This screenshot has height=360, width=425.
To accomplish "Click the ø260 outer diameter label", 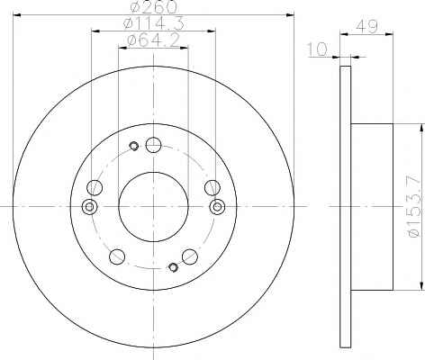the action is [153, 7].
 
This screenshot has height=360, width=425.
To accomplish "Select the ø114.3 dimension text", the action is [153, 23].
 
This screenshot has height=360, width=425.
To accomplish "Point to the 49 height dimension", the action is [366, 26].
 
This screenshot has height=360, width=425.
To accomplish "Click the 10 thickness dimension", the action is [317, 49].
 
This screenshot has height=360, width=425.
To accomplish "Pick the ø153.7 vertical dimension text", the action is [415, 207].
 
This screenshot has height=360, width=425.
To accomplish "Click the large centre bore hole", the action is [153, 207].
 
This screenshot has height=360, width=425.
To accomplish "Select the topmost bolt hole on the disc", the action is [153, 145].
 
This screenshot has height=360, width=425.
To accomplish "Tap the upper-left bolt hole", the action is [95, 188].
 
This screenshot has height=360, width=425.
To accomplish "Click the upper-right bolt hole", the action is [212, 188].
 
